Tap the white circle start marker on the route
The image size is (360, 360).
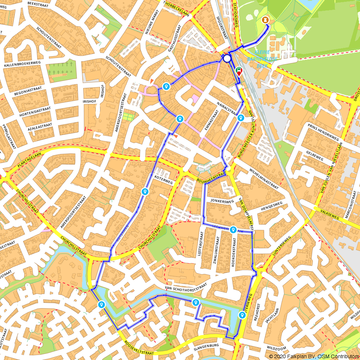tap(227, 58)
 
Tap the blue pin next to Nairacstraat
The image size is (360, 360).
tap(241, 118)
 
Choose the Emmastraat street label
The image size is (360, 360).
tap(212, 121)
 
